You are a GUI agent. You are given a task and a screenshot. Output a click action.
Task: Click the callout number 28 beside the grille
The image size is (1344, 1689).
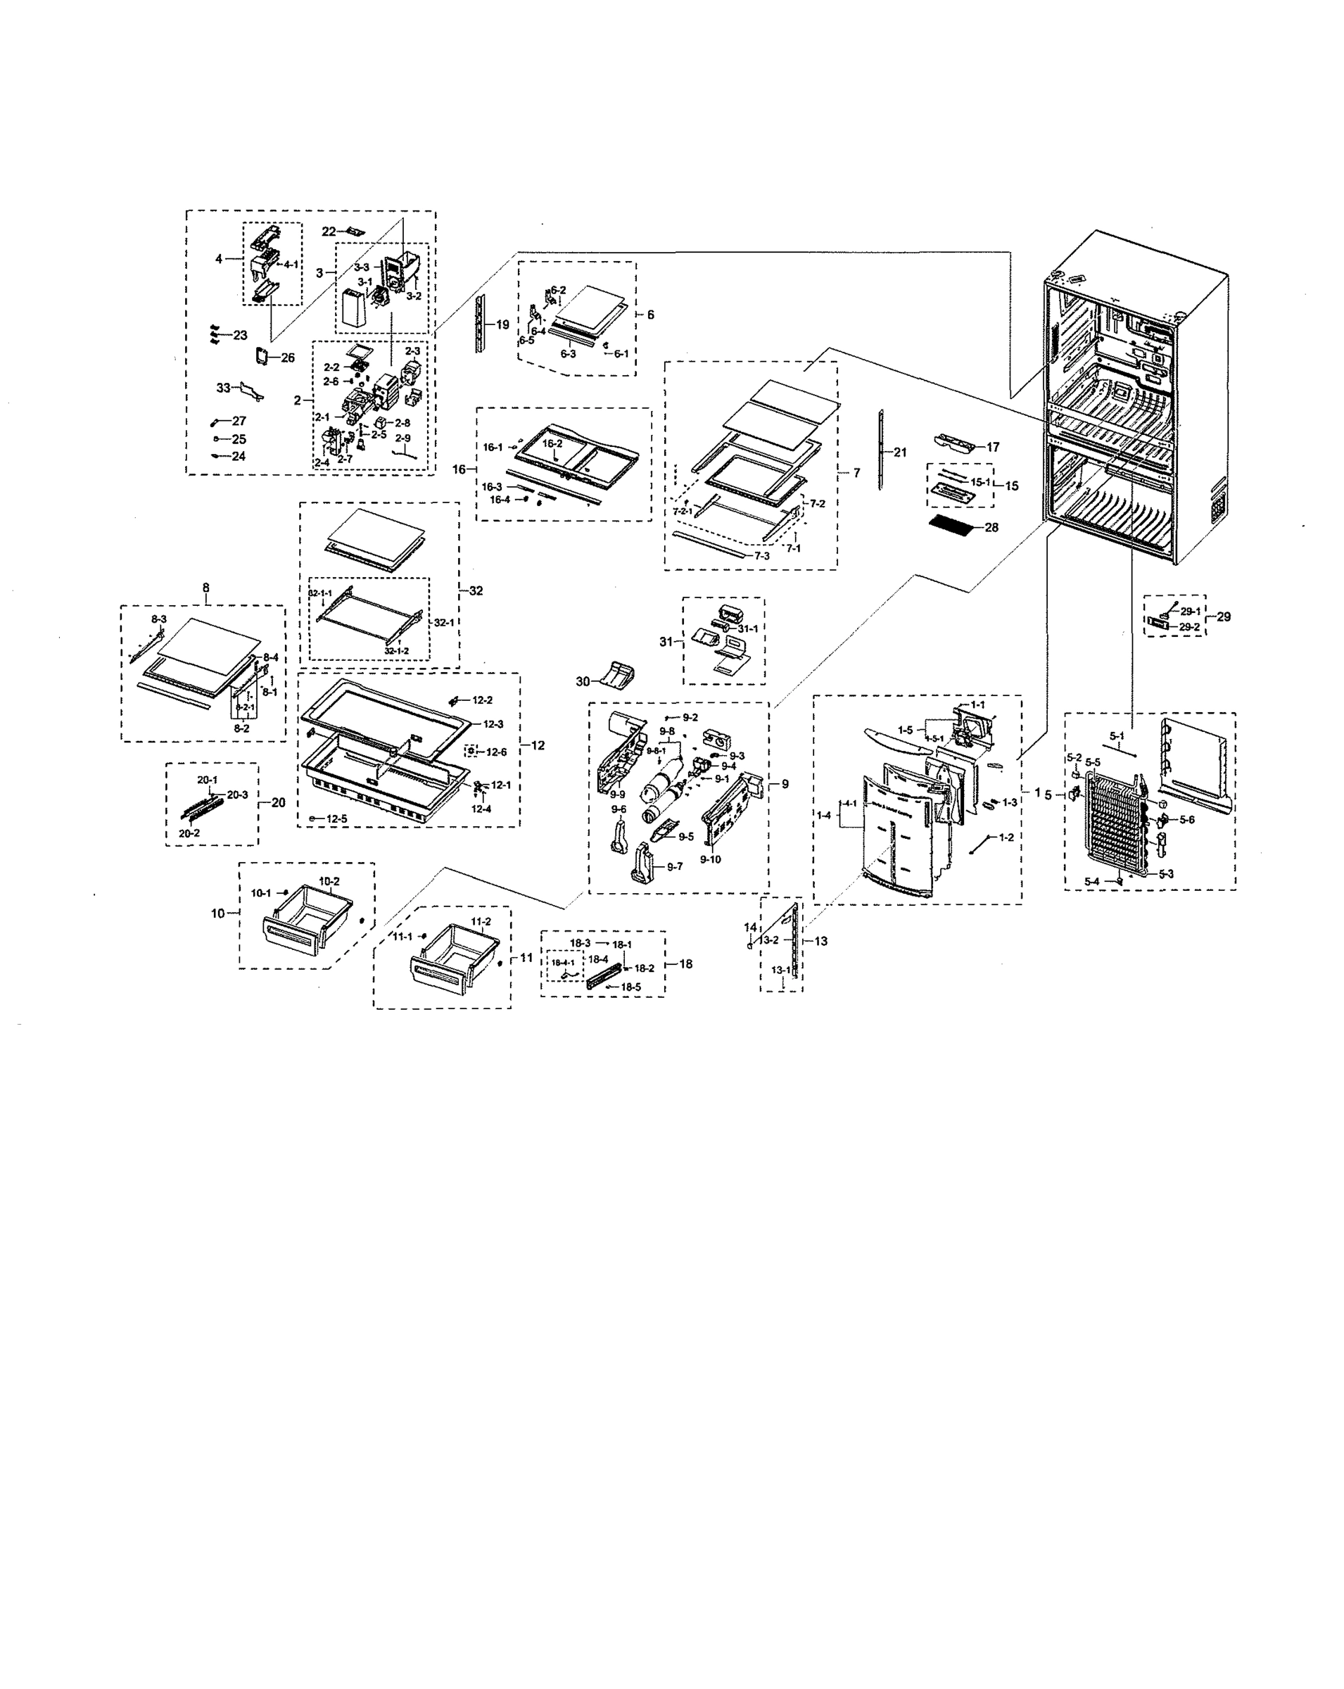(x=991, y=527)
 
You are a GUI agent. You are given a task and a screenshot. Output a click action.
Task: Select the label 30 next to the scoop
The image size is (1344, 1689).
(x=583, y=681)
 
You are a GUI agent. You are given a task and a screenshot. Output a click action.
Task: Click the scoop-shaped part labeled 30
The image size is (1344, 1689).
(x=618, y=673)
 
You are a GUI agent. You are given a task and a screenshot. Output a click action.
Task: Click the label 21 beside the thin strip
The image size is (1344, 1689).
(x=900, y=452)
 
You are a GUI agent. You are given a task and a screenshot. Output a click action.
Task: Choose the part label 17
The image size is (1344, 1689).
(x=992, y=447)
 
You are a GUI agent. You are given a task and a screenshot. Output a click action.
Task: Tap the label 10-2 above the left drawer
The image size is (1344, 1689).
(x=329, y=880)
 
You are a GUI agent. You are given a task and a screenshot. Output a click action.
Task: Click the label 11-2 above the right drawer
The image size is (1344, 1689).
(x=481, y=921)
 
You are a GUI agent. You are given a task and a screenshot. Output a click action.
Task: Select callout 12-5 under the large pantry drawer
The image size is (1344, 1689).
(x=337, y=818)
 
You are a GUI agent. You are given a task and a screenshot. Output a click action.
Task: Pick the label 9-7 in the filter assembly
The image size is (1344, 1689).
(x=674, y=866)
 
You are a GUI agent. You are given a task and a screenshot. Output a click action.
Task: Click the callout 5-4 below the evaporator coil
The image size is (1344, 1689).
(x=1092, y=881)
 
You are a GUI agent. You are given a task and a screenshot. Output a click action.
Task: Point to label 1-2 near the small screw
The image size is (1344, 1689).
(x=1006, y=837)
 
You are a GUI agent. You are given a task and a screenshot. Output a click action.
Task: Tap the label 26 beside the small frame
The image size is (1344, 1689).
(x=287, y=358)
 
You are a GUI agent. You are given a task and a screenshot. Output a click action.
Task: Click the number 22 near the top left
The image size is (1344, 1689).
(x=329, y=231)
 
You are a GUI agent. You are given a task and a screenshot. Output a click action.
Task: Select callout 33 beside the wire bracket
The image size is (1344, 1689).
(x=224, y=387)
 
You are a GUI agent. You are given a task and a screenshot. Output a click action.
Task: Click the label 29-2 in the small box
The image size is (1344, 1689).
(x=1189, y=627)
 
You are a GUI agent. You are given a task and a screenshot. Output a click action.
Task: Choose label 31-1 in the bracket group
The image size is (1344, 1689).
(x=747, y=628)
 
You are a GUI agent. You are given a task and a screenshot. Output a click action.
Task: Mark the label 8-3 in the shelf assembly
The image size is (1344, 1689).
(x=159, y=619)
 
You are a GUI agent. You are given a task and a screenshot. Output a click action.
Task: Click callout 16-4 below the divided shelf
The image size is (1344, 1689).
(x=500, y=500)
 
